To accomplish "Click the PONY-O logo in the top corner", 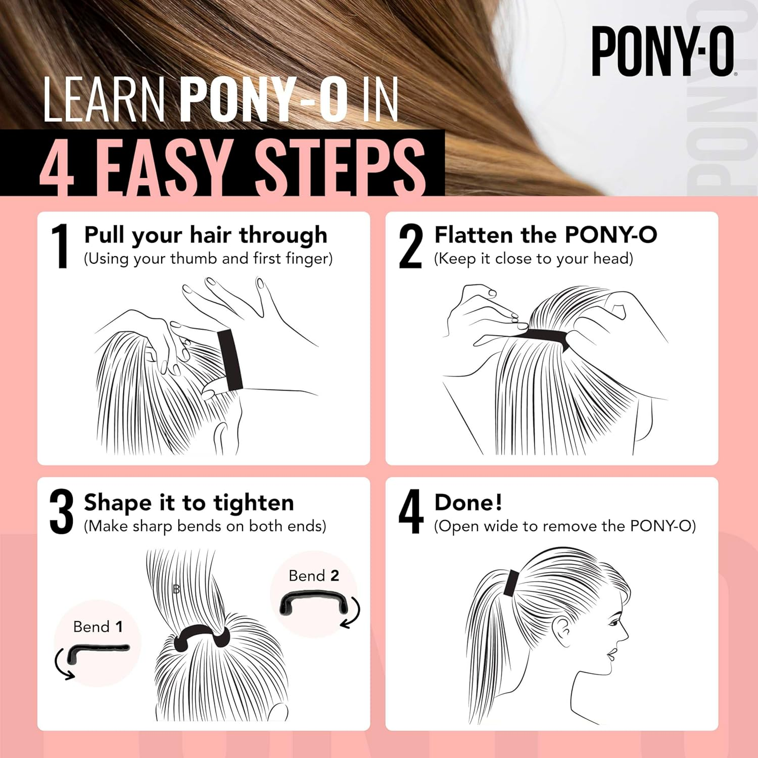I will (x=662, y=52).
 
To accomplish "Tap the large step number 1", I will (x=61, y=246).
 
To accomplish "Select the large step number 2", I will (x=410, y=246).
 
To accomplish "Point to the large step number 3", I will (x=61, y=512).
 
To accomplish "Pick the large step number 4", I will (x=410, y=512).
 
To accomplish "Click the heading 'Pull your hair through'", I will (x=205, y=235).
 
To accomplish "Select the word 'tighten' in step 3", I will (x=253, y=503).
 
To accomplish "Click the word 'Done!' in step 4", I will (x=468, y=502).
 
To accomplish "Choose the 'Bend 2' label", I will (x=313, y=576).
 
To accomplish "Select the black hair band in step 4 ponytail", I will (x=511, y=582).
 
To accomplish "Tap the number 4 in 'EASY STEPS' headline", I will (x=57, y=167).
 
